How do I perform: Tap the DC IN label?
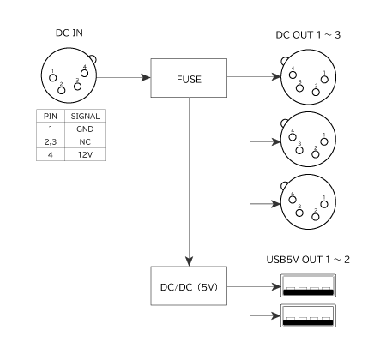pos(69,33)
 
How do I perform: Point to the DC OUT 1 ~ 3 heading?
pos(308,35)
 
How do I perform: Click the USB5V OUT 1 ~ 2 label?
pos(308,260)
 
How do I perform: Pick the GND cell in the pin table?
pos(85,129)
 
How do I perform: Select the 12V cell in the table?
pos(85,154)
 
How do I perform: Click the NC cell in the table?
pos(85,141)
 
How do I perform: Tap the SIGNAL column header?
pos(85,117)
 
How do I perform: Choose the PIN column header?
pos(51,117)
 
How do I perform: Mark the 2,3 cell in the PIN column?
pos(51,141)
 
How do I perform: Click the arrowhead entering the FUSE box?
pos(146,77)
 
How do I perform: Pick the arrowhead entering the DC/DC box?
pos(189,261)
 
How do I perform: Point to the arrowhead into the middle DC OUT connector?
pos(276,141)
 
